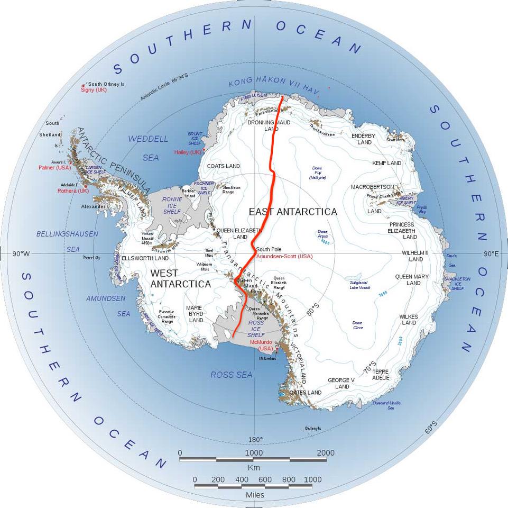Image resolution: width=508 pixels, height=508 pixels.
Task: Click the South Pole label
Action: click(269, 249)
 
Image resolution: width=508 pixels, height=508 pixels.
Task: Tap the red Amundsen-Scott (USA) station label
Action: click(284, 257)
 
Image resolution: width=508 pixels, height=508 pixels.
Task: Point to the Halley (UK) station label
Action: click(188, 152)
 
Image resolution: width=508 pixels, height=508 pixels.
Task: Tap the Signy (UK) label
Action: click(94, 90)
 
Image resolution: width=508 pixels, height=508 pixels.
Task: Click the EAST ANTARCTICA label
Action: click(292, 212)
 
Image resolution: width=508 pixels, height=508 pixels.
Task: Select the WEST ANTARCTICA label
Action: click(180, 279)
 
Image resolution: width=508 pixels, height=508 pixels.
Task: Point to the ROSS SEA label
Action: click(231, 375)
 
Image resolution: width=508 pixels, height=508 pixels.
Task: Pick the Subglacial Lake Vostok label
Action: click(360, 285)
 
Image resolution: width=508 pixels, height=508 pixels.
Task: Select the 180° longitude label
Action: click(255, 440)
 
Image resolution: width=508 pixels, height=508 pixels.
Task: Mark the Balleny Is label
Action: click(312, 428)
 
